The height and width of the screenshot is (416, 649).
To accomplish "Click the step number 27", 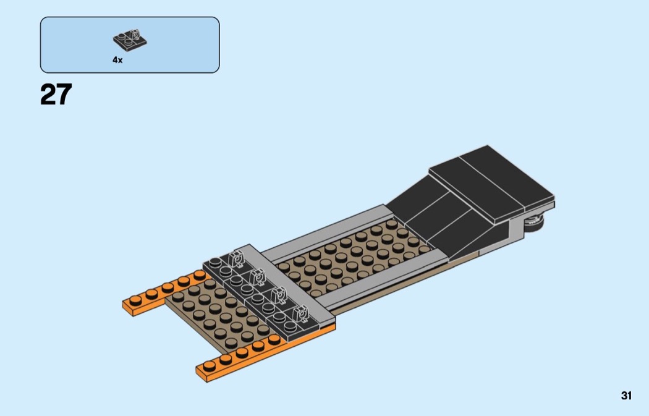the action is point(56,95).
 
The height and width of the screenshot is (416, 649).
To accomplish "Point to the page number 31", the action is point(626,396).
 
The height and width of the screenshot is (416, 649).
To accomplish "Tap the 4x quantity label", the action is point(117,60).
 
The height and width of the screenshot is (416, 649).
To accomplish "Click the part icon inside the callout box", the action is point(130,41).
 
